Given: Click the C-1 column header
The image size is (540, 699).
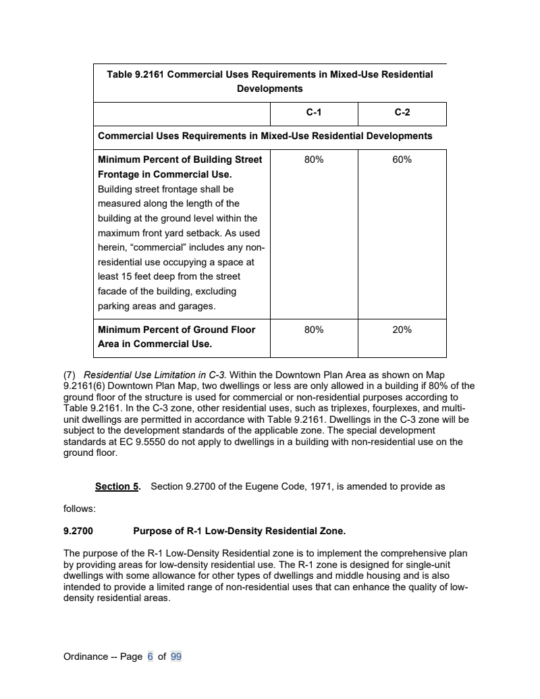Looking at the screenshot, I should click(314, 113).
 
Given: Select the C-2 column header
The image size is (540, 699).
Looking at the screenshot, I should click(402, 113).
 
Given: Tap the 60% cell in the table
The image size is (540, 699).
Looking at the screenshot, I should click(402, 160).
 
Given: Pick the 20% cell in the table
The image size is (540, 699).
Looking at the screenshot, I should click(402, 330).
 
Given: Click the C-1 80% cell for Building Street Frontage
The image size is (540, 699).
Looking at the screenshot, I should click(314, 160).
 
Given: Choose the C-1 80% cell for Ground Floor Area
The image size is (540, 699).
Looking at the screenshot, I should click(314, 330).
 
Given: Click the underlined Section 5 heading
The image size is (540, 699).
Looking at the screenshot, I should click(117, 486).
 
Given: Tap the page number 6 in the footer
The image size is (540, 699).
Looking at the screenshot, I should click(151, 656).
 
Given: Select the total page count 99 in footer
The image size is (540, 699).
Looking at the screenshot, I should click(176, 656).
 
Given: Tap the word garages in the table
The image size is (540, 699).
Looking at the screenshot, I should click(195, 307).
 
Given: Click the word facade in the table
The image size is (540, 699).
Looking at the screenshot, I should click(112, 291).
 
